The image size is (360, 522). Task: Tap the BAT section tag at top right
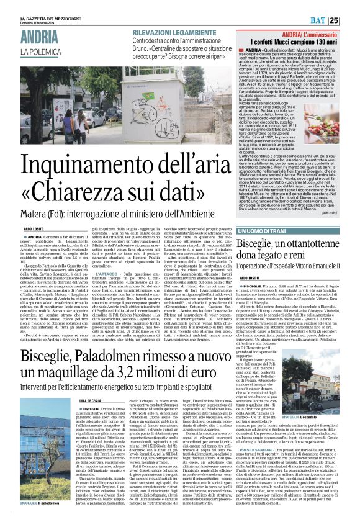pos(332,20)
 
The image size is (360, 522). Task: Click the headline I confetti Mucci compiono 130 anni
pos(304,40)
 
